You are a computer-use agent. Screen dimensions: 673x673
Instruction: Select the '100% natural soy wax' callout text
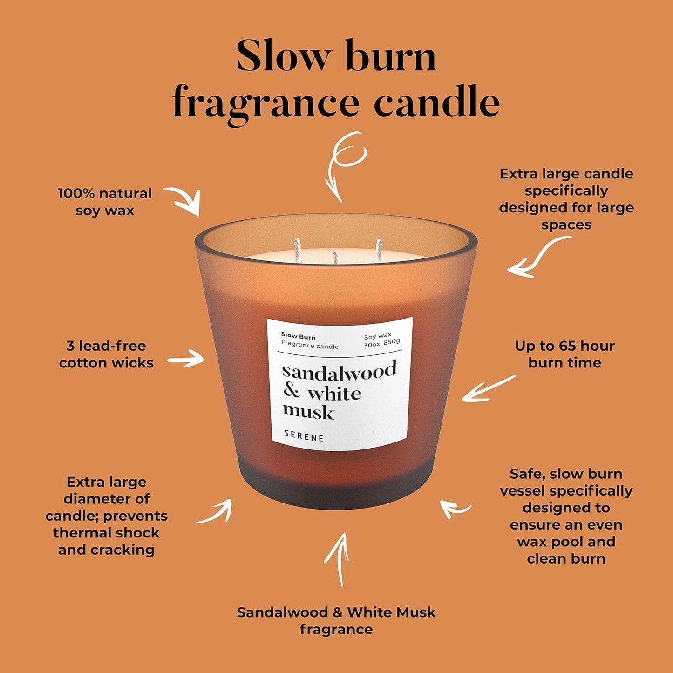coord(105,202)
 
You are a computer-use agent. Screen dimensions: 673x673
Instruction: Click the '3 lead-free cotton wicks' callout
coord(106,354)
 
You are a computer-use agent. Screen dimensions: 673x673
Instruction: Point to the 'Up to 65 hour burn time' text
coord(564,354)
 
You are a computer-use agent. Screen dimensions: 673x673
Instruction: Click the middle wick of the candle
coord(335,258)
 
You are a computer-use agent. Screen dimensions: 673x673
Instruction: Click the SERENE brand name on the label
coord(304,436)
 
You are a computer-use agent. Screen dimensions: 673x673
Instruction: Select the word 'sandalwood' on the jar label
coord(339,371)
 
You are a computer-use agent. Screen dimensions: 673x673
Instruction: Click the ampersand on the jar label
coord(292,391)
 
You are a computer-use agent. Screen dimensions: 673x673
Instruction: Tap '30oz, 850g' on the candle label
coord(382,344)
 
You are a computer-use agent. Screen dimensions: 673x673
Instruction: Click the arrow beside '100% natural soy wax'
coord(184,199)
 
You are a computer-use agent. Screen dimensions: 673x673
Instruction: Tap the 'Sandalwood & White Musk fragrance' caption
coord(336,620)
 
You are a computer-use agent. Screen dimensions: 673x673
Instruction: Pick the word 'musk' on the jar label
coord(308,412)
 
